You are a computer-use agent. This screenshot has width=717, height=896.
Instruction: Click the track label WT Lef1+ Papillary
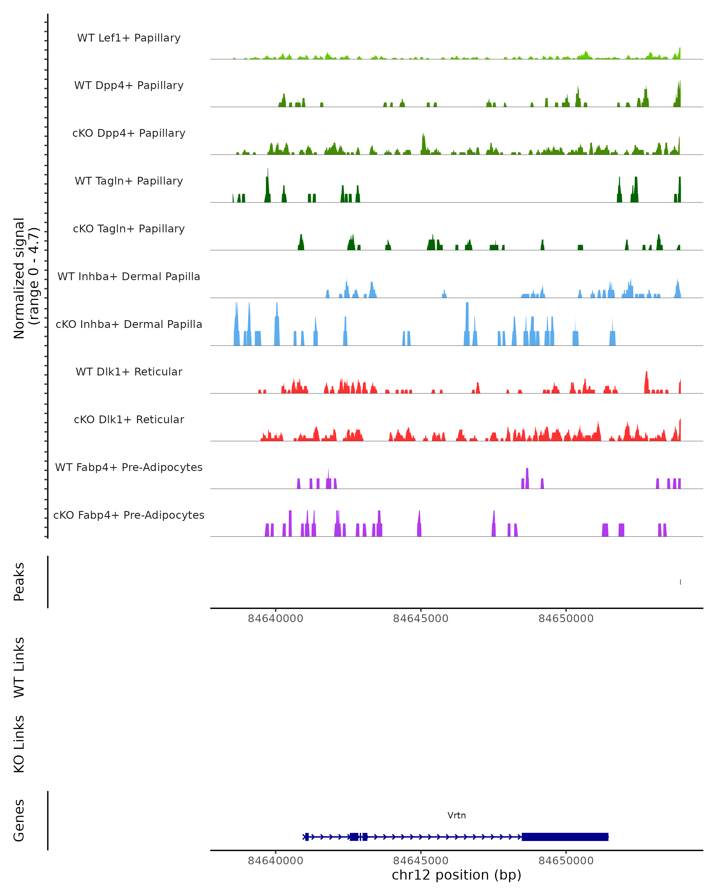(x=129, y=38)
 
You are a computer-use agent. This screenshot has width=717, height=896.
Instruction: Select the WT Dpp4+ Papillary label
(x=129, y=86)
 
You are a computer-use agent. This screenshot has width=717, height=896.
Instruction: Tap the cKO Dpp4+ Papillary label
(x=129, y=134)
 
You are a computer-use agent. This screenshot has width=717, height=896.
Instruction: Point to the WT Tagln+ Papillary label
(x=129, y=181)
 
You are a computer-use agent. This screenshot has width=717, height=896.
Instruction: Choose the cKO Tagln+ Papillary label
(x=129, y=229)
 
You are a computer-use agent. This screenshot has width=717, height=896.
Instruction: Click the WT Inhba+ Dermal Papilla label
(x=129, y=277)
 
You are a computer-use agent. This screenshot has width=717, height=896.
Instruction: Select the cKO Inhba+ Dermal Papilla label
(x=129, y=325)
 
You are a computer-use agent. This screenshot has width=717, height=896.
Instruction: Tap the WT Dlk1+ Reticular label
(x=129, y=372)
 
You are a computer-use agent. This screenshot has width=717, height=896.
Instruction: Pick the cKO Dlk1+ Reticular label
(x=129, y=420)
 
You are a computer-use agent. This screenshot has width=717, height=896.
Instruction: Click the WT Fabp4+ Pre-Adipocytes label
(x=129, y=467)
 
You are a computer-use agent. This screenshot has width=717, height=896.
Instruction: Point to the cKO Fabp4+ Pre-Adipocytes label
(x=129, y=515)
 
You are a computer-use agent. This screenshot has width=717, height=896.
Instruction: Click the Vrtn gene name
(x=456, y=815)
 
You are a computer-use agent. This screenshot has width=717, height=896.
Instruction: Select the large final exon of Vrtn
(x=565, y=837)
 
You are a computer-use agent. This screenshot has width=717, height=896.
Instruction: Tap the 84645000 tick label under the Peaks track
(x=421, y=619)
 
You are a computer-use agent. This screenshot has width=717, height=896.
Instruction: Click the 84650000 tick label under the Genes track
(x=566, y=861)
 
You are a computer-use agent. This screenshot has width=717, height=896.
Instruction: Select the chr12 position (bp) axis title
(x=456, y=875)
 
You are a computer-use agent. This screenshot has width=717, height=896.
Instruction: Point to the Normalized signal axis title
(x=26, y=278)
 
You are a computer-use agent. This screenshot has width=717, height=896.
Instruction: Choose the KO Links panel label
(x=19, y=744)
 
